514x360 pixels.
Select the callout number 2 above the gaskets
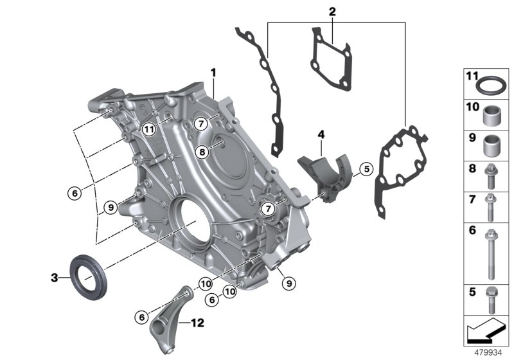click(x=332, y=12)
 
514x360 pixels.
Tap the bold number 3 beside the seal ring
click(x=55, y=278)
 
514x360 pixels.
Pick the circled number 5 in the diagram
click(x=366, y=170)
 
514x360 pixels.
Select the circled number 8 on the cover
click(x=202, y=152)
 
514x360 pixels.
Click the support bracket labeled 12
click(x=168, y=316)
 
